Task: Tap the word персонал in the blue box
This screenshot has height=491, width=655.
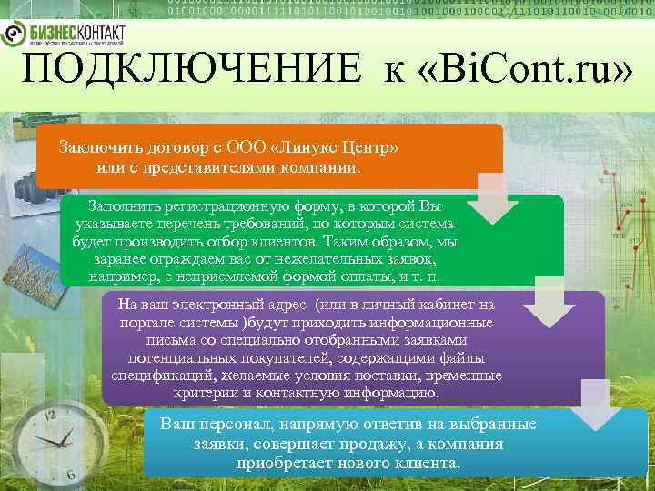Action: [x=237, y=425]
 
